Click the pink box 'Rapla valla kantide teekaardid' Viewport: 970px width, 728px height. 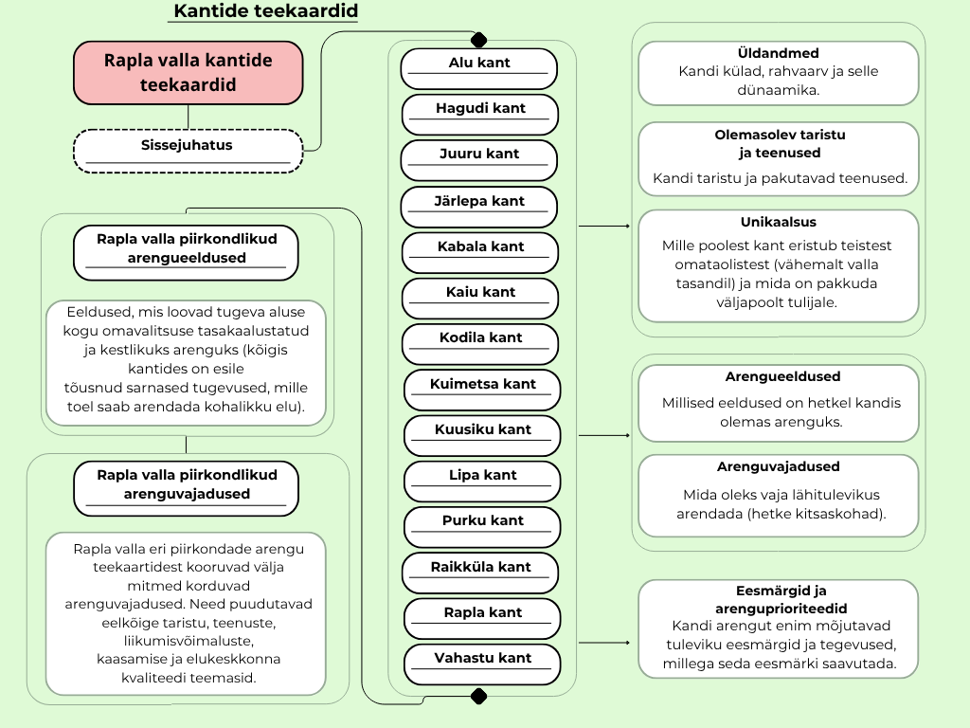(189, 72)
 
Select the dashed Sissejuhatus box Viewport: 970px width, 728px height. (189, 151)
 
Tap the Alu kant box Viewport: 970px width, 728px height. (478, 68)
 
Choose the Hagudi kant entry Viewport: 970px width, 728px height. (480, 115)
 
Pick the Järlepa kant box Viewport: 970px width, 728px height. (478, 207)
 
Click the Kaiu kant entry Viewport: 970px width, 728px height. (480, 299)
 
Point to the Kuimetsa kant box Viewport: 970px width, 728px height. (482, 390)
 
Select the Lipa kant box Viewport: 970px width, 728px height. (482, 481)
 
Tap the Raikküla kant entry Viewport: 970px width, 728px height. (480, 573)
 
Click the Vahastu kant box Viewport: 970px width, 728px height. (482, 664)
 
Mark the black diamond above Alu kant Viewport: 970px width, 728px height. (478, 40)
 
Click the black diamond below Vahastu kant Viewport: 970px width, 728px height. (478, 696)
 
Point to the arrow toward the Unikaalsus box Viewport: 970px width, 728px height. (604, 226)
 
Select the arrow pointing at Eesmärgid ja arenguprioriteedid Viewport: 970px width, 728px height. (604, 643)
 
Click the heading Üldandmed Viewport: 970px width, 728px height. (779, 53)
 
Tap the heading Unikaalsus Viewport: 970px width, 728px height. (779, 222)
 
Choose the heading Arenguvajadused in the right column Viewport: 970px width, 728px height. (779, 466)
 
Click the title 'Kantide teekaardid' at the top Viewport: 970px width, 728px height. (265, 10)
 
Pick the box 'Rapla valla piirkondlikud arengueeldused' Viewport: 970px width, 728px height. (186, 252)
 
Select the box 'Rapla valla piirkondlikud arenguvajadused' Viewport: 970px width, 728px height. (186, 488)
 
